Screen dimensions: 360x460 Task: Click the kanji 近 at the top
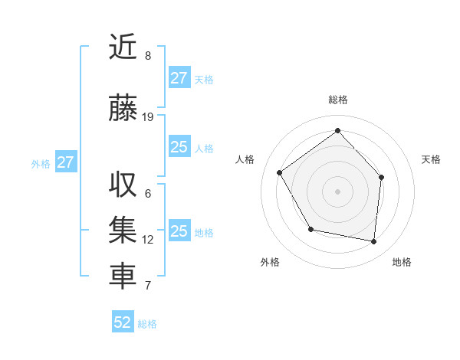pyautogui.click(x=122, y=47)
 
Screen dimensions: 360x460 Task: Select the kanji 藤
pyautogui.click(x=122, y=109)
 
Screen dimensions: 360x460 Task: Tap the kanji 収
pyautogui.click(x=122, y=185)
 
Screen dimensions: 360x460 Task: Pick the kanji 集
pyautogui.click(x=122, y=231)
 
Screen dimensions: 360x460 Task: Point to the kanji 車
pyautogui.click(x=122, y=277)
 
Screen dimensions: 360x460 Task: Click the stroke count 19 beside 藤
pyautogui.click(x=148, y=117)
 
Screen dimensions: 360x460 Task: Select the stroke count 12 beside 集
pyautogui.click(x=148, y=240)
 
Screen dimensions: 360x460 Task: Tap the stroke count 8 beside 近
pyautogui.click(x=148, y=56)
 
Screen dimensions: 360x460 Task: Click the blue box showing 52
pyautogui.click(x=123, y=322)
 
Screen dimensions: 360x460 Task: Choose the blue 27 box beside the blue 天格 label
pyautogui.click(x=179, y=78)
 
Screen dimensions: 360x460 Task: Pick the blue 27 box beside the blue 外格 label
pyautogui.click(x=65, y=162)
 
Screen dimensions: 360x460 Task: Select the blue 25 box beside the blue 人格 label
pyautogui.click(x=179, y=147)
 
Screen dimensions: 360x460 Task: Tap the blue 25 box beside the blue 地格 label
pyautogui.click(x=179, y=231)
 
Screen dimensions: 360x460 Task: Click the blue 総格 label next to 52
pyautogui.click(x=147, y=324)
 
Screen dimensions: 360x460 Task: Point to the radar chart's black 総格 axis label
pyautogui.click(x=337, y=100)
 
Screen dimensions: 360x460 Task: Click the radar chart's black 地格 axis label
pyautogui.click(x=402, y=263)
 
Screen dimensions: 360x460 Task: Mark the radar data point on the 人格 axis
pyautogui.click(x=280, y=172)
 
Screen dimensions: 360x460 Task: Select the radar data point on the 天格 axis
pyautogui.click(x=382, y=177)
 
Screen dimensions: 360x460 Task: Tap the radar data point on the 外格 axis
pyautogui.click(x=310, y=229)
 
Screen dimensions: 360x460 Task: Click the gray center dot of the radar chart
pyautogui.click(x=337, y=191)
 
